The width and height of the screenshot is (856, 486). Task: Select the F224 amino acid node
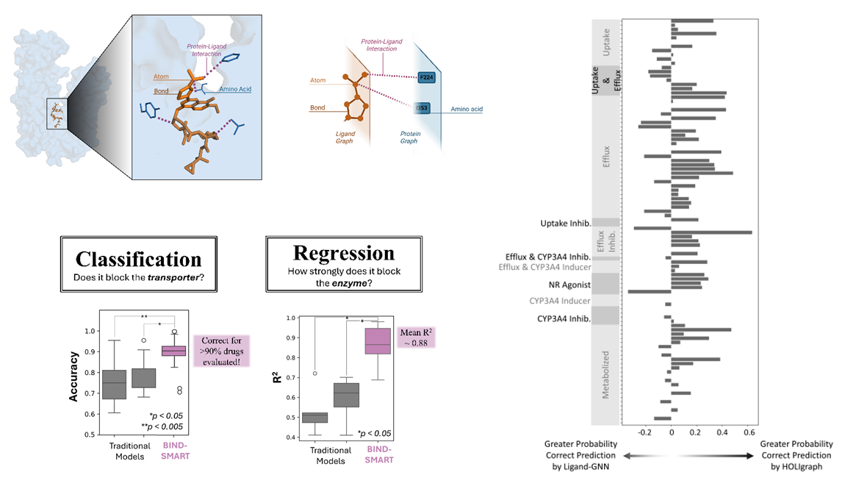pyautogui.click(x=425, y=76)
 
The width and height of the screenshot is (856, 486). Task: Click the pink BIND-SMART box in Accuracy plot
pyautogui.click(x=174, y=350)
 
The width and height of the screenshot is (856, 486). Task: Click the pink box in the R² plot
pyautogui.click(x=379, y=342)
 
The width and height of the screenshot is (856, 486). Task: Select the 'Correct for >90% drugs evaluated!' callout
pyautogui.click(x=221, y=351)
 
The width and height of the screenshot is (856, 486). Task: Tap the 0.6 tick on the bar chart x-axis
pyautogui.click(x=749, y=432)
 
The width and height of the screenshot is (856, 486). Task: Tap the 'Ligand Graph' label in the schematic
pyautogui.click(x=345, y=137)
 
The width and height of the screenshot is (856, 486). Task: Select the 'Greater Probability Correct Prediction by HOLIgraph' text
pyautogui.click(x=796, y=455)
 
